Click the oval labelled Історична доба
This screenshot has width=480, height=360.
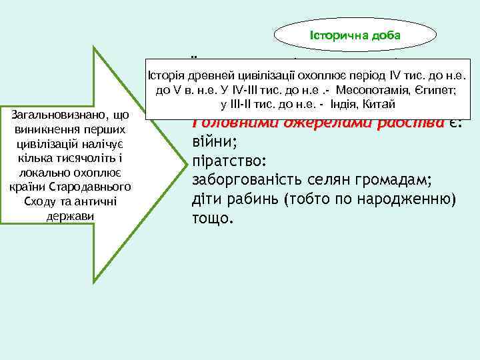coord(355,34)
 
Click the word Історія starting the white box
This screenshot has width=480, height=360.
coord(167,75)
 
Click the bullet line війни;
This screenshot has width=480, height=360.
coord(210,142)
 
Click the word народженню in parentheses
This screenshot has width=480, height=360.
coord(399,198)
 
